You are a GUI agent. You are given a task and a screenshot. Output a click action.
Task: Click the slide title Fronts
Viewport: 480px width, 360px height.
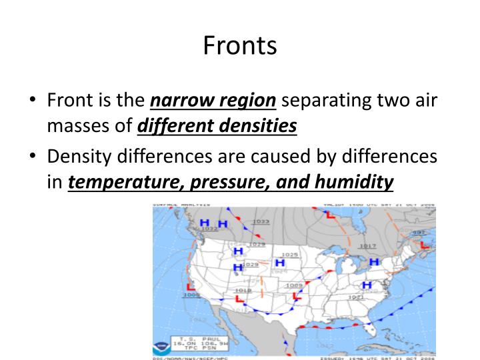tap(239, 45)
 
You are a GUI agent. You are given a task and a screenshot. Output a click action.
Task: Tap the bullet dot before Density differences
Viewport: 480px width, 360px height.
tap(33, 158)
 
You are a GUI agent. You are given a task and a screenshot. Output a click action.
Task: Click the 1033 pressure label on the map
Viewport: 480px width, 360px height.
tap(261, 221)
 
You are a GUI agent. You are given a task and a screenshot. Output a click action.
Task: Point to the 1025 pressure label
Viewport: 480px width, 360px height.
tap(289, 254)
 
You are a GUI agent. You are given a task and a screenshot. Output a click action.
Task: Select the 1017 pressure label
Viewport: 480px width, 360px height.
tap(367, 245)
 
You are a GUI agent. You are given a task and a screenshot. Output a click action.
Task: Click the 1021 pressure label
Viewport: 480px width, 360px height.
tap(355, 297)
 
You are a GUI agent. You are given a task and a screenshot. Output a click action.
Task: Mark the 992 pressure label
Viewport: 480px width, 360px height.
tap(418, 231)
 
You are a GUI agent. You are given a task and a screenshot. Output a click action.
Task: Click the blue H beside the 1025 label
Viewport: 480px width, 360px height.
tap(281, 263)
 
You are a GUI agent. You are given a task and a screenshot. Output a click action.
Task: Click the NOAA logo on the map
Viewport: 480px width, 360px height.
tap(161, 347)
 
